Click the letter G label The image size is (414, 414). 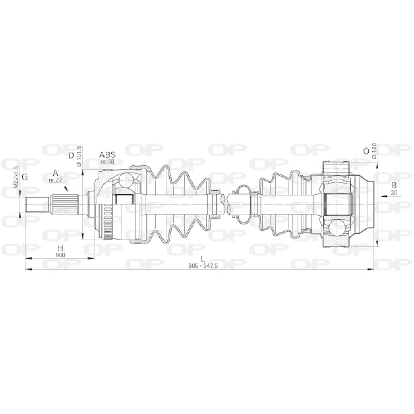pyautogui.click(x=25, y=177)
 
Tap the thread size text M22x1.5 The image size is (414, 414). pyautogui.click(x=16, y=176)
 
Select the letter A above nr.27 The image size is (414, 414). pyautogui.click(x=55, y=173)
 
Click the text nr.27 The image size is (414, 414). pyautogui.click(x=55, y=180)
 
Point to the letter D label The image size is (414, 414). pyautogui.click(x=71, y=156)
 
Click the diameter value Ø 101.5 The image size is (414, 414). pyautogui.click(x=78, y=156)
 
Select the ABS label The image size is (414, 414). pyautogui.click(x=108, y=155)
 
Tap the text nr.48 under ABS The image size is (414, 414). pyautogui.click(x=108, y=161)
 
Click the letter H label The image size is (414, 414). pyautogui.click(x=60, y=248)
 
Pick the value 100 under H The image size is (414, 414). pyautogui.click(x=60, y=255)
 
